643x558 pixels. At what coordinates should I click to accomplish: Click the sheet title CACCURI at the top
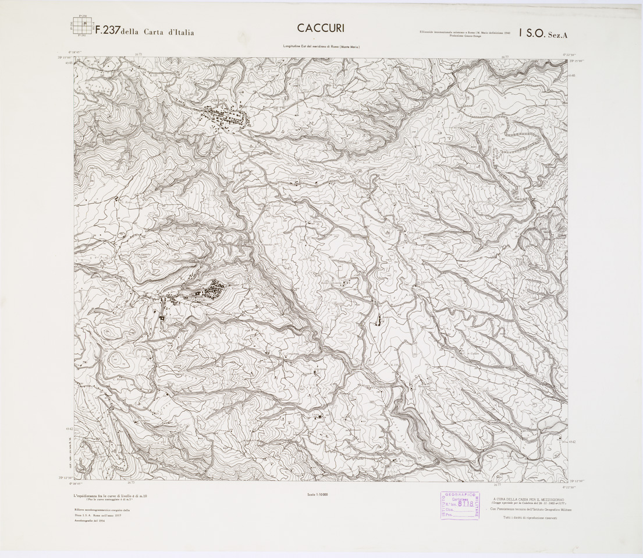(x=321, y=28)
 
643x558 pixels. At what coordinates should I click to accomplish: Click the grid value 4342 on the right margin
(x=573, y=442)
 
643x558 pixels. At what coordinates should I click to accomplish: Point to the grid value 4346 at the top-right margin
(x=573, y=75)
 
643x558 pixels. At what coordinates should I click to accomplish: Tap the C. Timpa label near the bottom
(x=410, y=460)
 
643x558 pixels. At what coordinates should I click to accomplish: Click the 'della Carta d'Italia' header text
(x=157, y=33)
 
